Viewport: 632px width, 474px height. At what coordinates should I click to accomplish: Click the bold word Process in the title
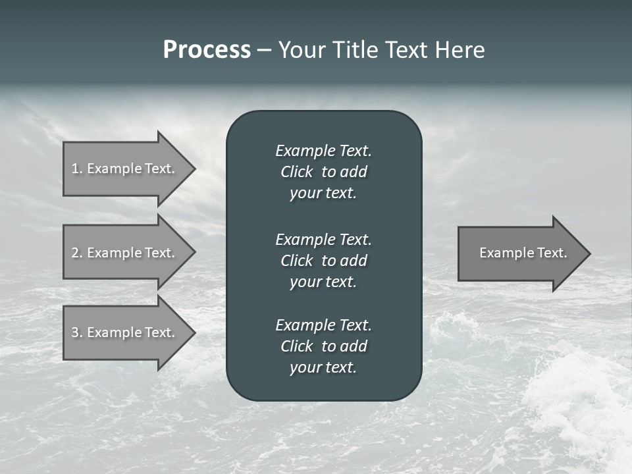[207, 50]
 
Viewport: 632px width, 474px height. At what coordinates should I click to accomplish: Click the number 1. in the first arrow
[77, 169]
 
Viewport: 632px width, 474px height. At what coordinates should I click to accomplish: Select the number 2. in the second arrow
[77, 253]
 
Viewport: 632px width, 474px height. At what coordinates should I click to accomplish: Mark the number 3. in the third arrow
[77, 332]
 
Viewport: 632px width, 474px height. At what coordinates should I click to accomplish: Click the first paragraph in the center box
[323, 172]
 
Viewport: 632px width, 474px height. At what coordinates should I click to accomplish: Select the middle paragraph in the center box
[323, 260]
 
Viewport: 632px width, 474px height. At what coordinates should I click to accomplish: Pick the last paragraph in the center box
[323, 346]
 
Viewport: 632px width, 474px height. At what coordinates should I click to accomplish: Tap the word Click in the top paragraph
[297, 172]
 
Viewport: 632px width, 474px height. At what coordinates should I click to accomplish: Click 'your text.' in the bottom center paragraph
[323, 367]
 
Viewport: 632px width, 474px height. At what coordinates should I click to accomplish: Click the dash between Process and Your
[264, 50]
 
